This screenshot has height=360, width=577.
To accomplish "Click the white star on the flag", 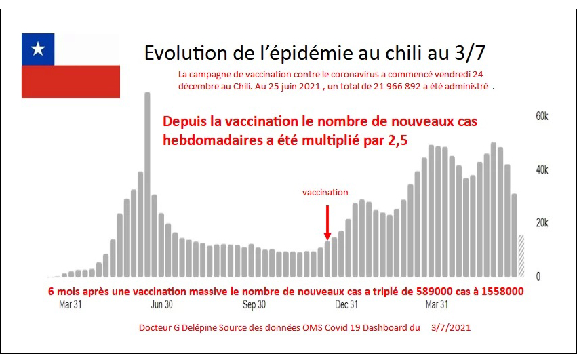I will point(39,49).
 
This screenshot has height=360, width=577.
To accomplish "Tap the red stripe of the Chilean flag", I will point(71,81).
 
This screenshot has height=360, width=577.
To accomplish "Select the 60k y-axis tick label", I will point(541,117).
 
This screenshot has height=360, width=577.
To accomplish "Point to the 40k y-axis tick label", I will point(541,170).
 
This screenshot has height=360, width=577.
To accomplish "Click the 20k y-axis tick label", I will point(541,223).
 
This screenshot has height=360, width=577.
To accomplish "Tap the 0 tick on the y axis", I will point(538,277).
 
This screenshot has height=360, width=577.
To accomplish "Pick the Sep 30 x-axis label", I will point(254,305).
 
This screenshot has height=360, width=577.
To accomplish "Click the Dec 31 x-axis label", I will point(347,305).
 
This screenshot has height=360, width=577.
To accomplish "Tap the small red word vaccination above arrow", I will point(325,193).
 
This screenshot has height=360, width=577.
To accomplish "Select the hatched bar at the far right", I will point(521,256).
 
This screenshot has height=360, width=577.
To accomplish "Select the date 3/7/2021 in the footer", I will point(451,327).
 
